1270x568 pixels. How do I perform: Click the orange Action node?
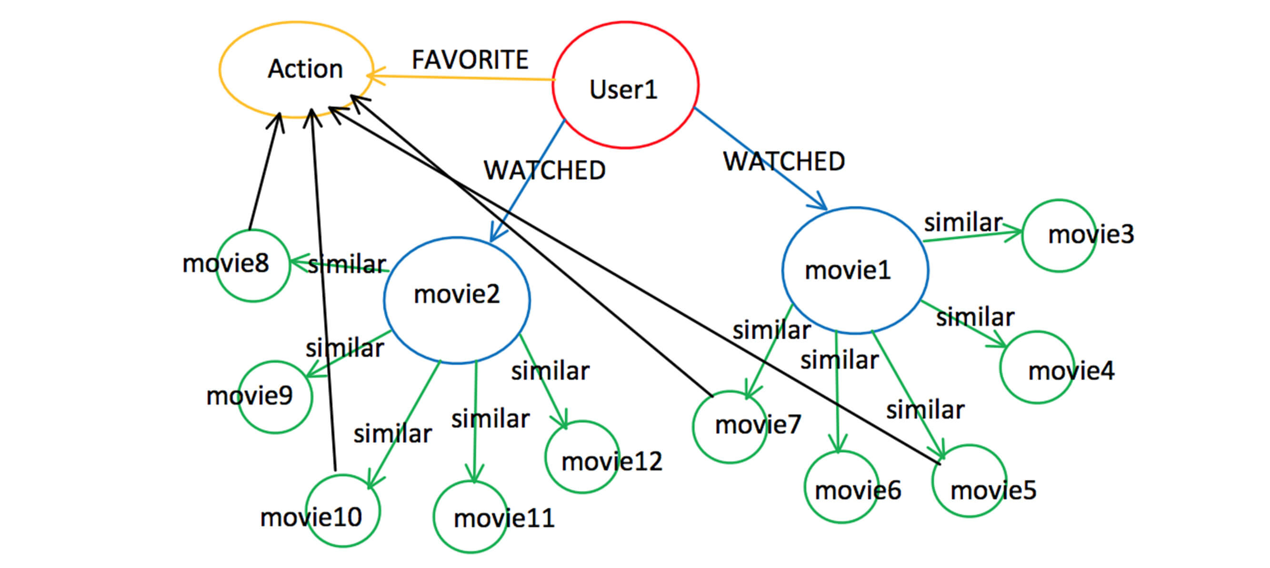click(296, 69)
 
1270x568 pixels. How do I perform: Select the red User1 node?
click(625, 85)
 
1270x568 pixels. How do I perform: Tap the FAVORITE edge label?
click(470, 59)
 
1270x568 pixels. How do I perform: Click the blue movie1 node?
click(855, 270)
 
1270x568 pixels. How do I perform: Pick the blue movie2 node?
click(457, 300)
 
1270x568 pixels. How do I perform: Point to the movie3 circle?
click(1059, 235)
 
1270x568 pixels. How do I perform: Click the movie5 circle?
click(969, 481)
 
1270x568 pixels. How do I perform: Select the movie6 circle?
click(841, 487)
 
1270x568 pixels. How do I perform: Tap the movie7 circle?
click(730, 427)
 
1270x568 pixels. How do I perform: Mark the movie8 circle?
click(253, 265)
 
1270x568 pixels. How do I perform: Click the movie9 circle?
click(275, 397)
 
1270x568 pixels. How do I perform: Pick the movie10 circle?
click(343, 510)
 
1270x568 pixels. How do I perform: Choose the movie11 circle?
click(470, 517)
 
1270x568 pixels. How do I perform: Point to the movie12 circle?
click(582, 457)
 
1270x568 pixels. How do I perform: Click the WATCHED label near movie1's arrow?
click(784, 161)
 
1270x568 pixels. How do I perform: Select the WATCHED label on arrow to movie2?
click(544, 170)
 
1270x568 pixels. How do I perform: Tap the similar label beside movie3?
click(963, 222)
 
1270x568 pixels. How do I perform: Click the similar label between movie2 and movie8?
click(347, 264)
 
